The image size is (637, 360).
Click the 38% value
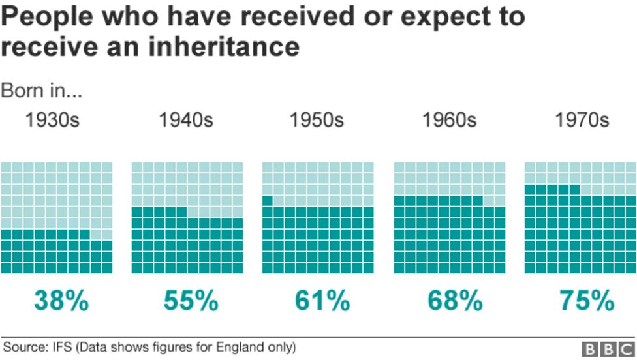[61, 301]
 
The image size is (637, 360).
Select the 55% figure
[191, 301]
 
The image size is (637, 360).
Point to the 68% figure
[455, 301]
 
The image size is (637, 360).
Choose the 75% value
[586, 301]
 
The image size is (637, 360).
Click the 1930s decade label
[52, 121]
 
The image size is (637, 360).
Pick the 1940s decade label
[186, 121]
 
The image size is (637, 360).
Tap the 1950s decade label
[317, 121]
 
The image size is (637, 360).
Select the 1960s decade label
[449, 121]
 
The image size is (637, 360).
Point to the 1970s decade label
[582, 121]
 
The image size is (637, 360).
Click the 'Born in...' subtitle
[42, 91]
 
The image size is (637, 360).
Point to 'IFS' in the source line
[61, 346]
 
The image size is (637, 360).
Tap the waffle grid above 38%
[57, 218]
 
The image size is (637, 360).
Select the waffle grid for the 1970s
[580, 218]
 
